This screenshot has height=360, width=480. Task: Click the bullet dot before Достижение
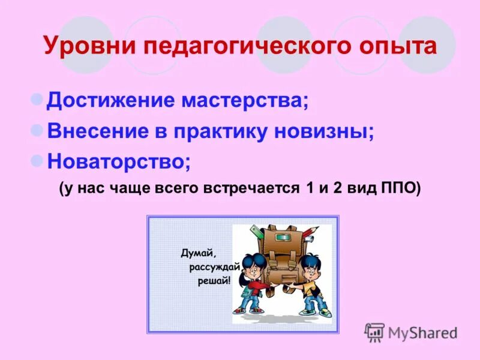coord(37,98)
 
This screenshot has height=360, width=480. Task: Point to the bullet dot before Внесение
coord(37,129)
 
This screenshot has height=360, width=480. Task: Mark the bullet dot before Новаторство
coord(37,160)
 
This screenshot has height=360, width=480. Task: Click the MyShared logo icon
coord(375,332)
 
